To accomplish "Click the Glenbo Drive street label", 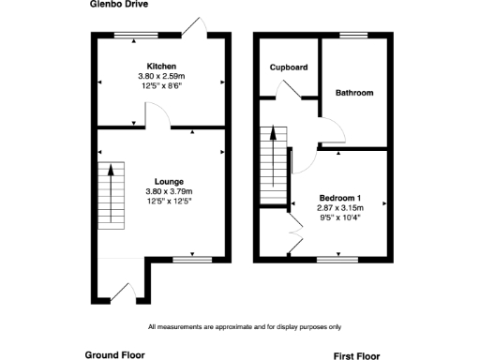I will point(119,5).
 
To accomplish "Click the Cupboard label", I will point(289,67).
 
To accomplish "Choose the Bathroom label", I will point(354,93).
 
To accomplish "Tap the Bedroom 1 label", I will point(340,198).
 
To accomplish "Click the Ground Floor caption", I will point(116,354).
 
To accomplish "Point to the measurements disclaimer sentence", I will point(245,326).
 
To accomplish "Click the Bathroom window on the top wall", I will point(353,35).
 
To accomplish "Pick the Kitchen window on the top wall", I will point(137,35).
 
